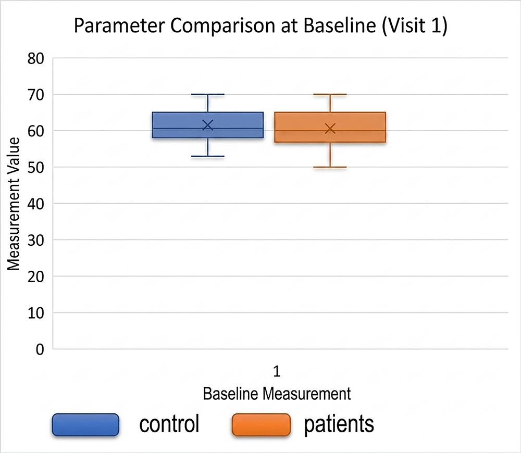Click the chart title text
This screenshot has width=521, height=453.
[260, 27]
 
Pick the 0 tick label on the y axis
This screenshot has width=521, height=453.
[40, 349]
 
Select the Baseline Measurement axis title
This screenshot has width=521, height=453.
[277, 393]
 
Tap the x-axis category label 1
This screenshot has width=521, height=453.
[277, 371]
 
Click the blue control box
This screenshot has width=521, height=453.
[177, 125]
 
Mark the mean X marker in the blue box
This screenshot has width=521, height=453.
[208, 124]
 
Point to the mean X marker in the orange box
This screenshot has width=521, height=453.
[330, 128]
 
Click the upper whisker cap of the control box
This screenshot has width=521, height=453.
[208, 94]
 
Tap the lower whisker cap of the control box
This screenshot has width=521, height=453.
[208, 156]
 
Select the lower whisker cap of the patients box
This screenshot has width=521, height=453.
[330, 167]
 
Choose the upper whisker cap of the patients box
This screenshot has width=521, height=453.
[330, 94]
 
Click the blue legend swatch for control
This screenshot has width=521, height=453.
[85, 424]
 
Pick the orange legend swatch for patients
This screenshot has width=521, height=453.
[260, 424]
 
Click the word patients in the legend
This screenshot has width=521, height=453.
[339, 424]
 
